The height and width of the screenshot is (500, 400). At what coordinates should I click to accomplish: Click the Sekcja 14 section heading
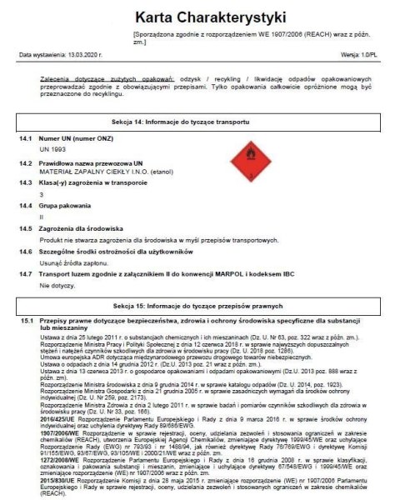(x=199, y=122)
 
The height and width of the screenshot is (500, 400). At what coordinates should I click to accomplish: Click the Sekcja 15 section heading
(x=199, y=306)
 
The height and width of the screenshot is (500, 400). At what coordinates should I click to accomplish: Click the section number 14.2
(x=26, y=163)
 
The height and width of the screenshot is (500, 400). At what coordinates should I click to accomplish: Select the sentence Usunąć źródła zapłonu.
(x=69, y=262)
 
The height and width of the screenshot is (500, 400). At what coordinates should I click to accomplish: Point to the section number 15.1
(x=26, y=321)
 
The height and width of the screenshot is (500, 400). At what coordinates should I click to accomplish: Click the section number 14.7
(x=26, y=273)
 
